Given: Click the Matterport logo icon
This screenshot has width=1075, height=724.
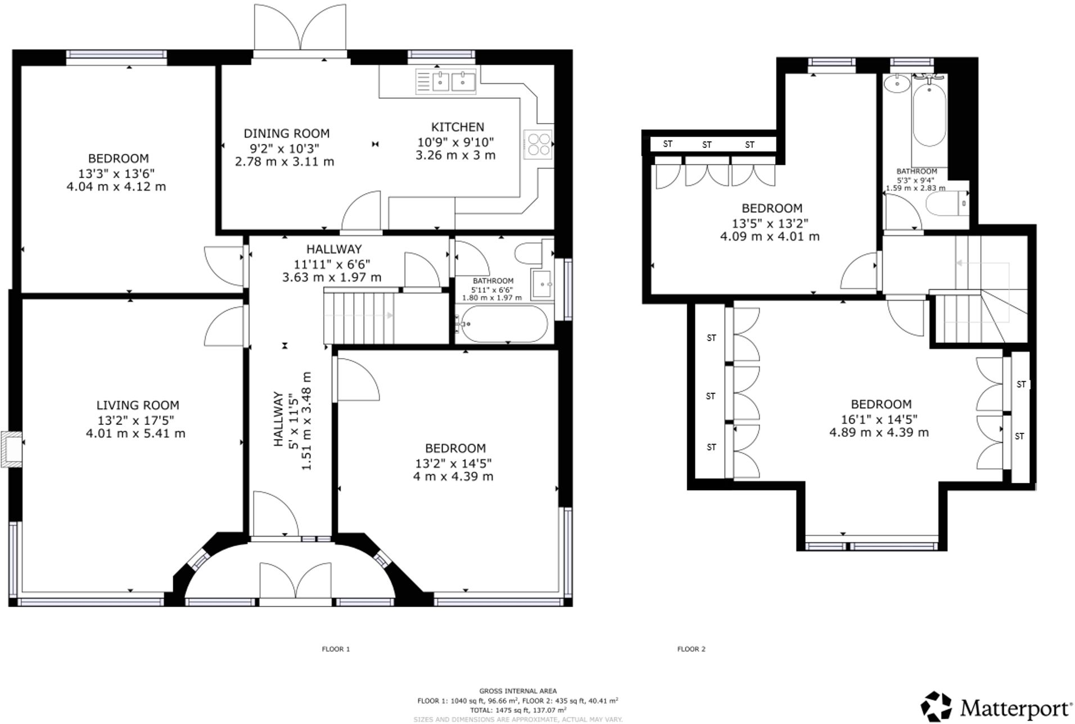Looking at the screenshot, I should click(936, 706).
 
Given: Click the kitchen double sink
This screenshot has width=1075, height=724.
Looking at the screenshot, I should click(446, 81).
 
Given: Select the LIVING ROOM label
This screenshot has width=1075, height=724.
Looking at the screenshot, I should click(138, 405).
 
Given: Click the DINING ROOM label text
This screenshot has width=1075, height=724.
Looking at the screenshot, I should click(286, 134).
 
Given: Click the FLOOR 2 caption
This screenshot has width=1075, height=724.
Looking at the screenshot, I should click(691, 649).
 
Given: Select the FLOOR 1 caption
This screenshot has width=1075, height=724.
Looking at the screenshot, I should click(336, 649).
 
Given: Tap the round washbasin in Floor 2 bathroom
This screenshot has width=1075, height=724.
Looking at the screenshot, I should click(896, 84).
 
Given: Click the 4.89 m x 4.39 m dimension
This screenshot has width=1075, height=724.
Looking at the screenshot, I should click(879, 432).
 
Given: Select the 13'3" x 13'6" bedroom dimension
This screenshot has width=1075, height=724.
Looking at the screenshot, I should click(117, 173).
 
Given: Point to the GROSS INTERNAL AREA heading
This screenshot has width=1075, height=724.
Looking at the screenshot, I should click(517, 691).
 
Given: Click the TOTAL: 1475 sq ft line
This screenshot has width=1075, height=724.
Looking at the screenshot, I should click(517, 710).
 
